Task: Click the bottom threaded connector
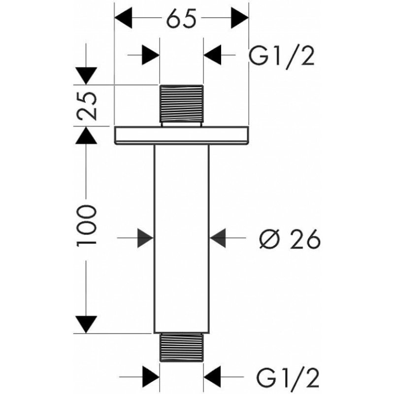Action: [182, 348]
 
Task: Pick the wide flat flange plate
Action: [181, 135]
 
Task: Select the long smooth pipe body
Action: [181, 236]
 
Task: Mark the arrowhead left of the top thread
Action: [151, 54]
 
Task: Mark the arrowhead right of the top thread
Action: [213, 54]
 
